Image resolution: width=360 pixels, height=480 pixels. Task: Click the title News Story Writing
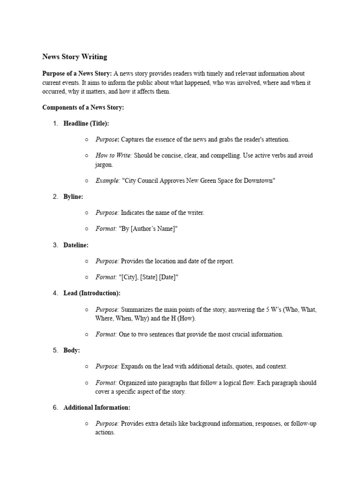(75, 57)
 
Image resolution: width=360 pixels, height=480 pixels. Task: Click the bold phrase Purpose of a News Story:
(77, 74)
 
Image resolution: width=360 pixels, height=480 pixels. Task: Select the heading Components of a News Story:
(83, 107)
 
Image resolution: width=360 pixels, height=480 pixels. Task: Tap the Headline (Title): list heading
(86, 123)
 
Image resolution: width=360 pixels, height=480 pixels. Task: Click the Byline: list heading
(73, 196)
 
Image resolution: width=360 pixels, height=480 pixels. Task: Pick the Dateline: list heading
(76, 245)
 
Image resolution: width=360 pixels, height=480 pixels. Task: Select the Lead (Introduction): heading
(92, 293)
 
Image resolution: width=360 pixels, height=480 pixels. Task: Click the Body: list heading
(72, 350)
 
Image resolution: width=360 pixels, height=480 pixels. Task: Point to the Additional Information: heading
(97, 408)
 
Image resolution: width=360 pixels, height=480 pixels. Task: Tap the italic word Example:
(108, 180)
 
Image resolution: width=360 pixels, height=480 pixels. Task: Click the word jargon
(104, 165)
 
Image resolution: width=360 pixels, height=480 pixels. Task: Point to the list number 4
(55, 293)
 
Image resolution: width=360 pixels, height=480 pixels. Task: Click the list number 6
(55, 408)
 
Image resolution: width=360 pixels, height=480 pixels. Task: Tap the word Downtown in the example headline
(259, 180)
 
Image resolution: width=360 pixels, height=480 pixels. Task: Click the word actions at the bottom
(105, 432)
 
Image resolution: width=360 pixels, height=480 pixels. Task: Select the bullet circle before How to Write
(87, 156)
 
